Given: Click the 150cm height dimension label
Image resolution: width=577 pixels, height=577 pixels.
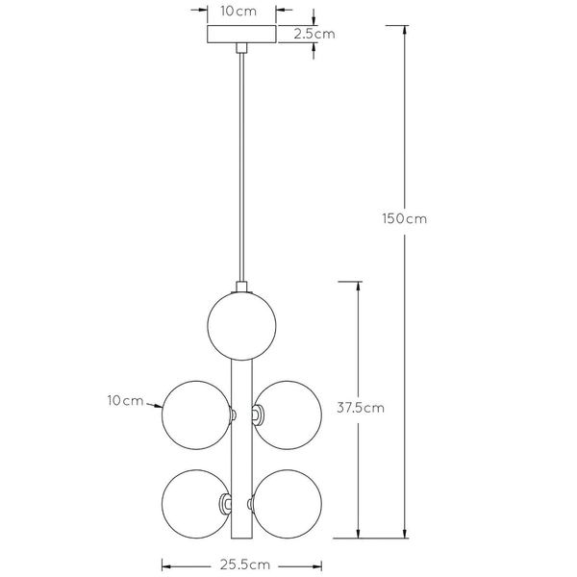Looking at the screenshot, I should point(404,218).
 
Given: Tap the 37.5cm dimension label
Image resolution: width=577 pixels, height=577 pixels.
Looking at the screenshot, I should point(361,407).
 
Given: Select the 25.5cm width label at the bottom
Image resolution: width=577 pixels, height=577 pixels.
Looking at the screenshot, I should point(241,565).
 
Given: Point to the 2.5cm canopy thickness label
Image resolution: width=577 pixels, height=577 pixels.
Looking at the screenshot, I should point(314,34).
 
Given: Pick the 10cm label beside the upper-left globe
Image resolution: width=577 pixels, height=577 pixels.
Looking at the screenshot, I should point(126,399).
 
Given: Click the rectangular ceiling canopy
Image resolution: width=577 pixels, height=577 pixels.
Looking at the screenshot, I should point(241,34).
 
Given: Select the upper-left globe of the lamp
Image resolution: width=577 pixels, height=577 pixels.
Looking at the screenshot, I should point(195,414).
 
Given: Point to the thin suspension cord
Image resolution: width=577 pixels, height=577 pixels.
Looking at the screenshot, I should point(241,163).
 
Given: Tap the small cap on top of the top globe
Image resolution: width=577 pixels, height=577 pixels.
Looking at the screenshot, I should point(241,286).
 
